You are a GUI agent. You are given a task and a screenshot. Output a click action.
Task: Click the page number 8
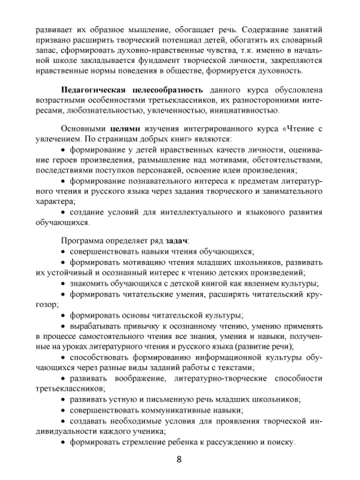tap(179, 459)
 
